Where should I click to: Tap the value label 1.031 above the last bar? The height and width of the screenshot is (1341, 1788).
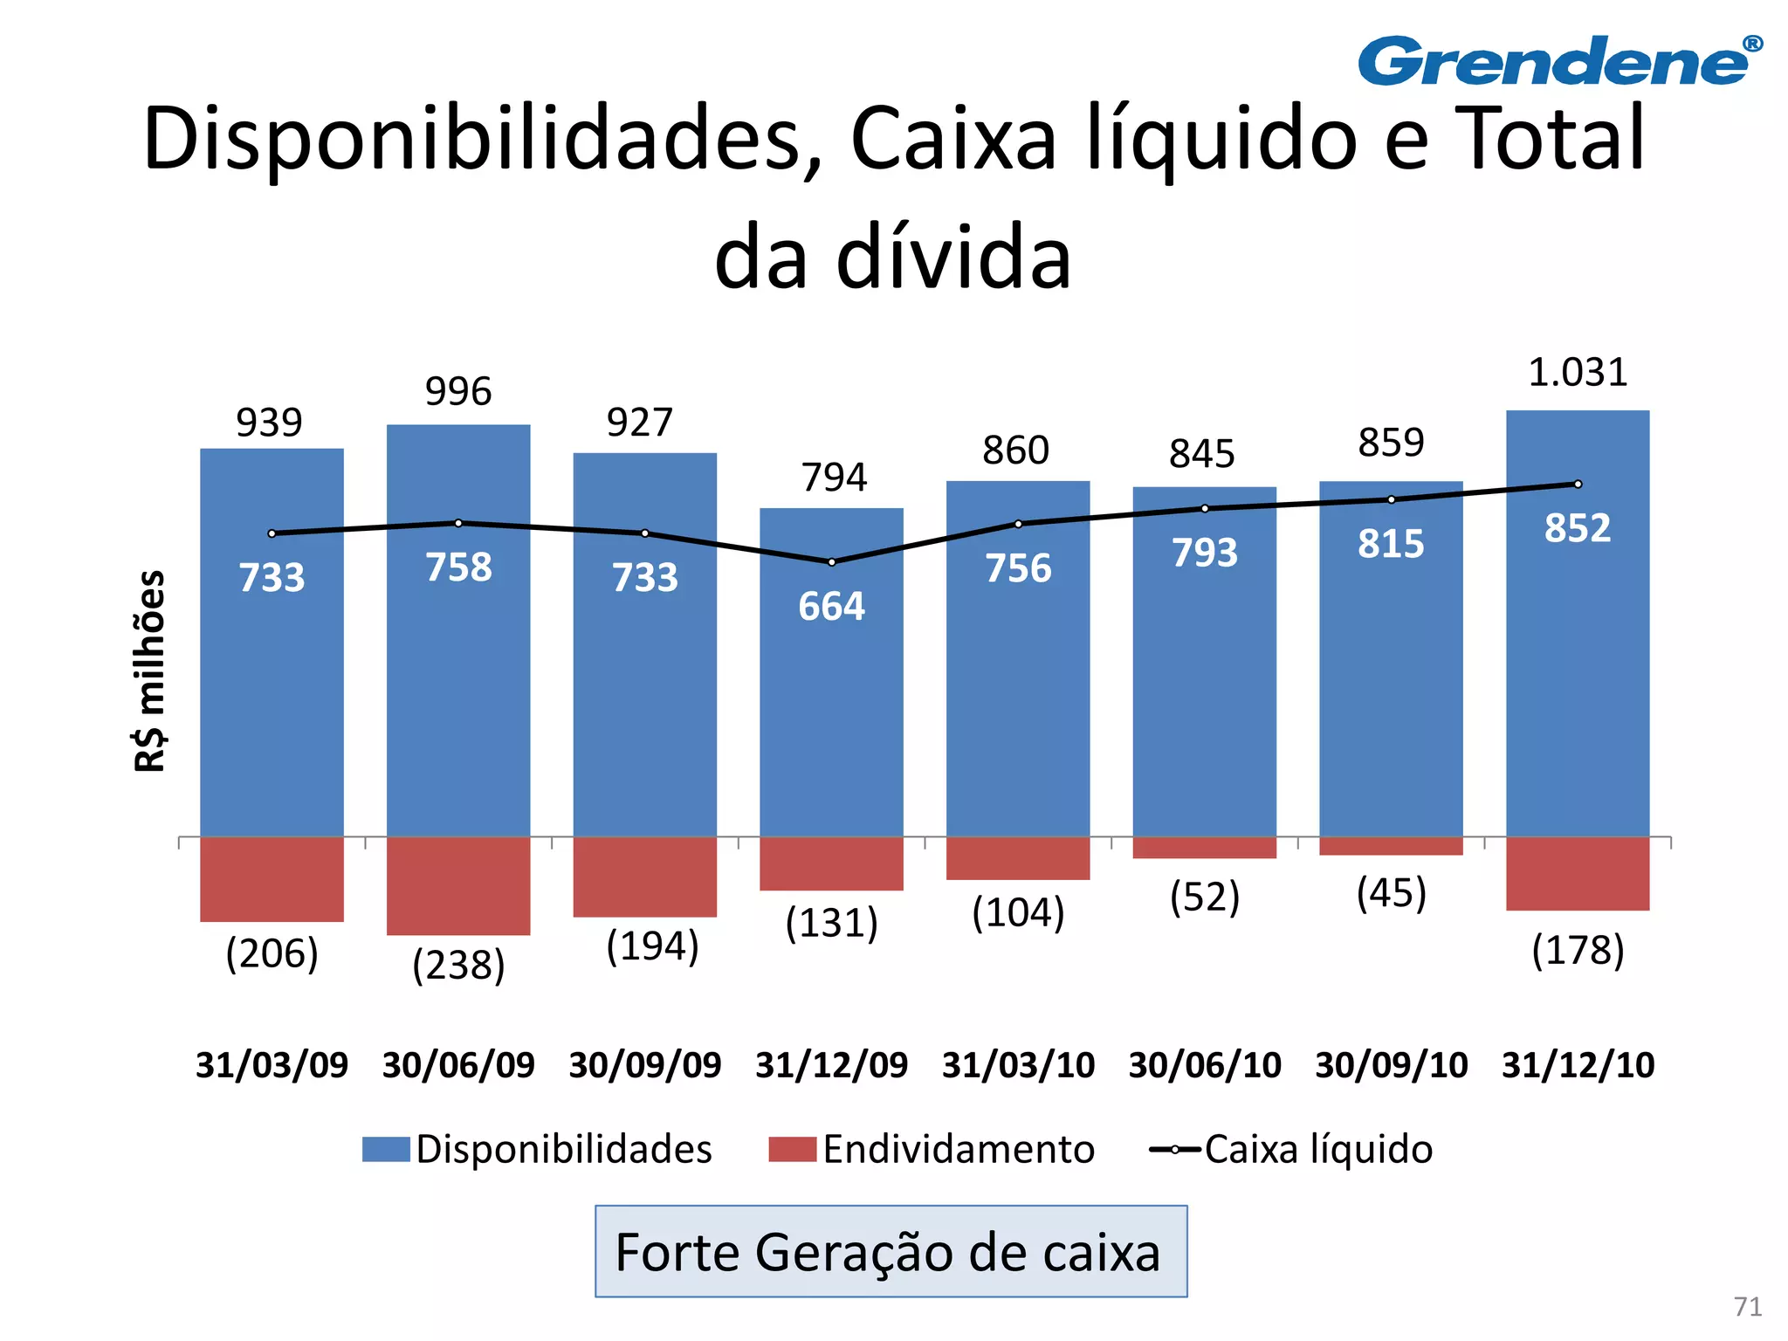pyautogui.click(x=1578, y=373)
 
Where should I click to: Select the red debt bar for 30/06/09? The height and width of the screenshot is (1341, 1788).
pyautogui.click(x=458, y=885)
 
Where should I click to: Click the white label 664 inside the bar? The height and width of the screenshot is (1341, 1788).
pyautogui.click(x=831, y=607)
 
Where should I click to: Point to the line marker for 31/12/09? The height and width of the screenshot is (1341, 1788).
pyautogui.click(x=831, y=562)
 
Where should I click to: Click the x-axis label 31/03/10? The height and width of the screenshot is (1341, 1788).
pyautogui.click(x=1018, y=1065)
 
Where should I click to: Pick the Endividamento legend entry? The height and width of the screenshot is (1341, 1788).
pyautogui.click(x=932, y=1149)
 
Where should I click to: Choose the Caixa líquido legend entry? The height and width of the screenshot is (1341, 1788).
pyautogui.click(x=1291, y=1149)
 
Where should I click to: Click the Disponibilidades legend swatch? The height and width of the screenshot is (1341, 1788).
pyautogui.click(x=386, y=1149)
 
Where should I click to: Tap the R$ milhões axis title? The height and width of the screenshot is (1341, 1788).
pyautogui.click(x=150, y=670)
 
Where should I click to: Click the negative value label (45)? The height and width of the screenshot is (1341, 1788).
pyautogui.click(x=1391, y=893)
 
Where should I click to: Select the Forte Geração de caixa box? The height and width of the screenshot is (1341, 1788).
pyautogui.click(x=891, y=1251)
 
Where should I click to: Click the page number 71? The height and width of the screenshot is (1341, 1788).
pyautogui.click(x=1747, y=1306)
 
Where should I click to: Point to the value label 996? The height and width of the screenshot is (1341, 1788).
pyautogui.click(x=458, y=391)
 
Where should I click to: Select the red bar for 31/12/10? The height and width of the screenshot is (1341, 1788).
pyautogui.click(x=1578, y=873)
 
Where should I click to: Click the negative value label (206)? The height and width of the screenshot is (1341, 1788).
pyautogui.click(x=272, y=953)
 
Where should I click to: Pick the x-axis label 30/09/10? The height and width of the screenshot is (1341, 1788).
pyautogui.click(x=1391, y=1065)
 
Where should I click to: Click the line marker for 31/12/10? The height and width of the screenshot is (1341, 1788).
pyautogui.click(x=1578, y=485)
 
